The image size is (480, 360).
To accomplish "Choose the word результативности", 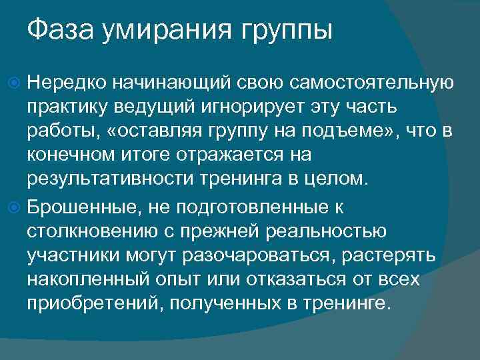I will [109, 179].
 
